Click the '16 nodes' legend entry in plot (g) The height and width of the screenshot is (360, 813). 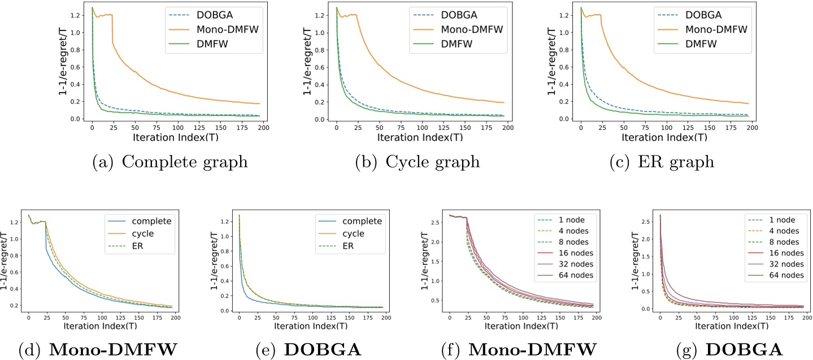click(x=782, y=253)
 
